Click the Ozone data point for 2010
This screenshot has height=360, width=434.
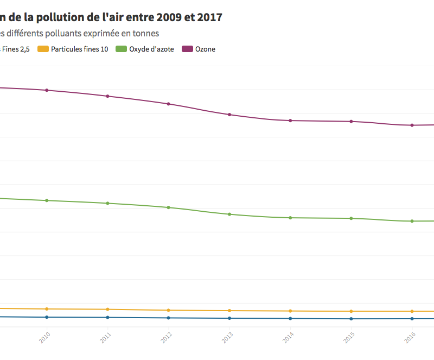pyautogui.click(x=47, y=90)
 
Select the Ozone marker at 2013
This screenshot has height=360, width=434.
pyautogui.click(x=229, y=115)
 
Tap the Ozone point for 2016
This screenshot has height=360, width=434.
pyautogui.click(x=412, y=125)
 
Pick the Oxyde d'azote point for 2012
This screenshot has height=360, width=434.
pyautogui.click(x=169, y=207)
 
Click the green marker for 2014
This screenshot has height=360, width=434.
pyautogui.click(x=290, y=218)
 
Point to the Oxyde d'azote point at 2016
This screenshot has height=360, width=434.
pyautogui.click(x=412, y=221)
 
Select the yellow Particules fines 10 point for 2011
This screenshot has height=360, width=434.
pyautogui.click(x=108, y=310)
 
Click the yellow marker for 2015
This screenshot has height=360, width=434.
pyautogui.click(x=352, y=311)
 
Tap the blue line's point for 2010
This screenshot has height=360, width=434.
pyautogui.click(x=47, y=317)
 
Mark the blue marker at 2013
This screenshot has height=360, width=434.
pyautogui.click(x=229, y=318)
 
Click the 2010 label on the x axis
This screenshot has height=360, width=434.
pyautogui.click(x=44, y=338)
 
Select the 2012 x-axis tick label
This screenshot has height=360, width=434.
pyautogui.click(x=167, y=338)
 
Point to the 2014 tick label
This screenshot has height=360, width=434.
pyautogui.click(x=288, y=338)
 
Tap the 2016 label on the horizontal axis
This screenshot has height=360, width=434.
pyautogui.click(x=410, y=338)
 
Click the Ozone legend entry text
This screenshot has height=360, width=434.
pyautogui.click(x=205, y=49)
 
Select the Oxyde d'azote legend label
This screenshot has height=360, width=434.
pyautogui.click(x=151, y=49)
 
